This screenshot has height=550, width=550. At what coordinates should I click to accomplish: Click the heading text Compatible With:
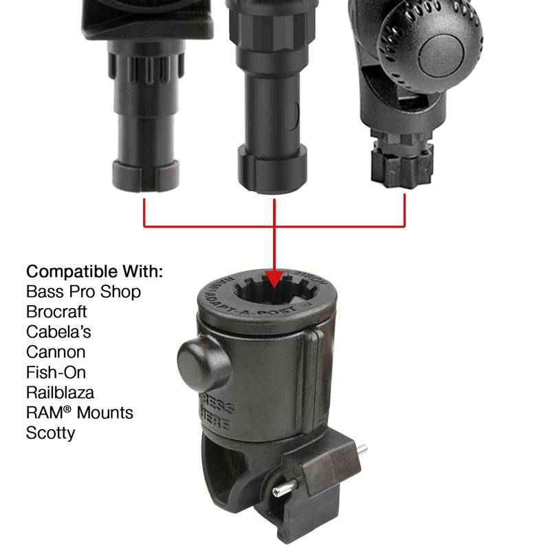[x=94, y=271]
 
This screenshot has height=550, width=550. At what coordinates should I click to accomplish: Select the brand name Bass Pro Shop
[x=83, y=291]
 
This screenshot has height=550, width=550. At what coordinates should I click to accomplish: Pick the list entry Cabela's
[x=58, y=331]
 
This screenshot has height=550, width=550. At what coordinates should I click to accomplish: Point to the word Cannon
[x=56, y=352]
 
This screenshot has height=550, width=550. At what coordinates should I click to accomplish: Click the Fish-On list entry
[x=56, y=372]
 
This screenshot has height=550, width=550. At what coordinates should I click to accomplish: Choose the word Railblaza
[x=60, y=393]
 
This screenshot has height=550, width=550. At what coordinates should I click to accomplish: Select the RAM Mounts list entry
[x=79, y=412]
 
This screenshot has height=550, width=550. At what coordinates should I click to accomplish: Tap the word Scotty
[x=50, y=433]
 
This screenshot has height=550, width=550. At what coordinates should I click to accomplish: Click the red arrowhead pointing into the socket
[x=274, y=279]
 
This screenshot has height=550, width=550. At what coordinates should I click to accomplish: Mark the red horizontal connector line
[x=275, y=225]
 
